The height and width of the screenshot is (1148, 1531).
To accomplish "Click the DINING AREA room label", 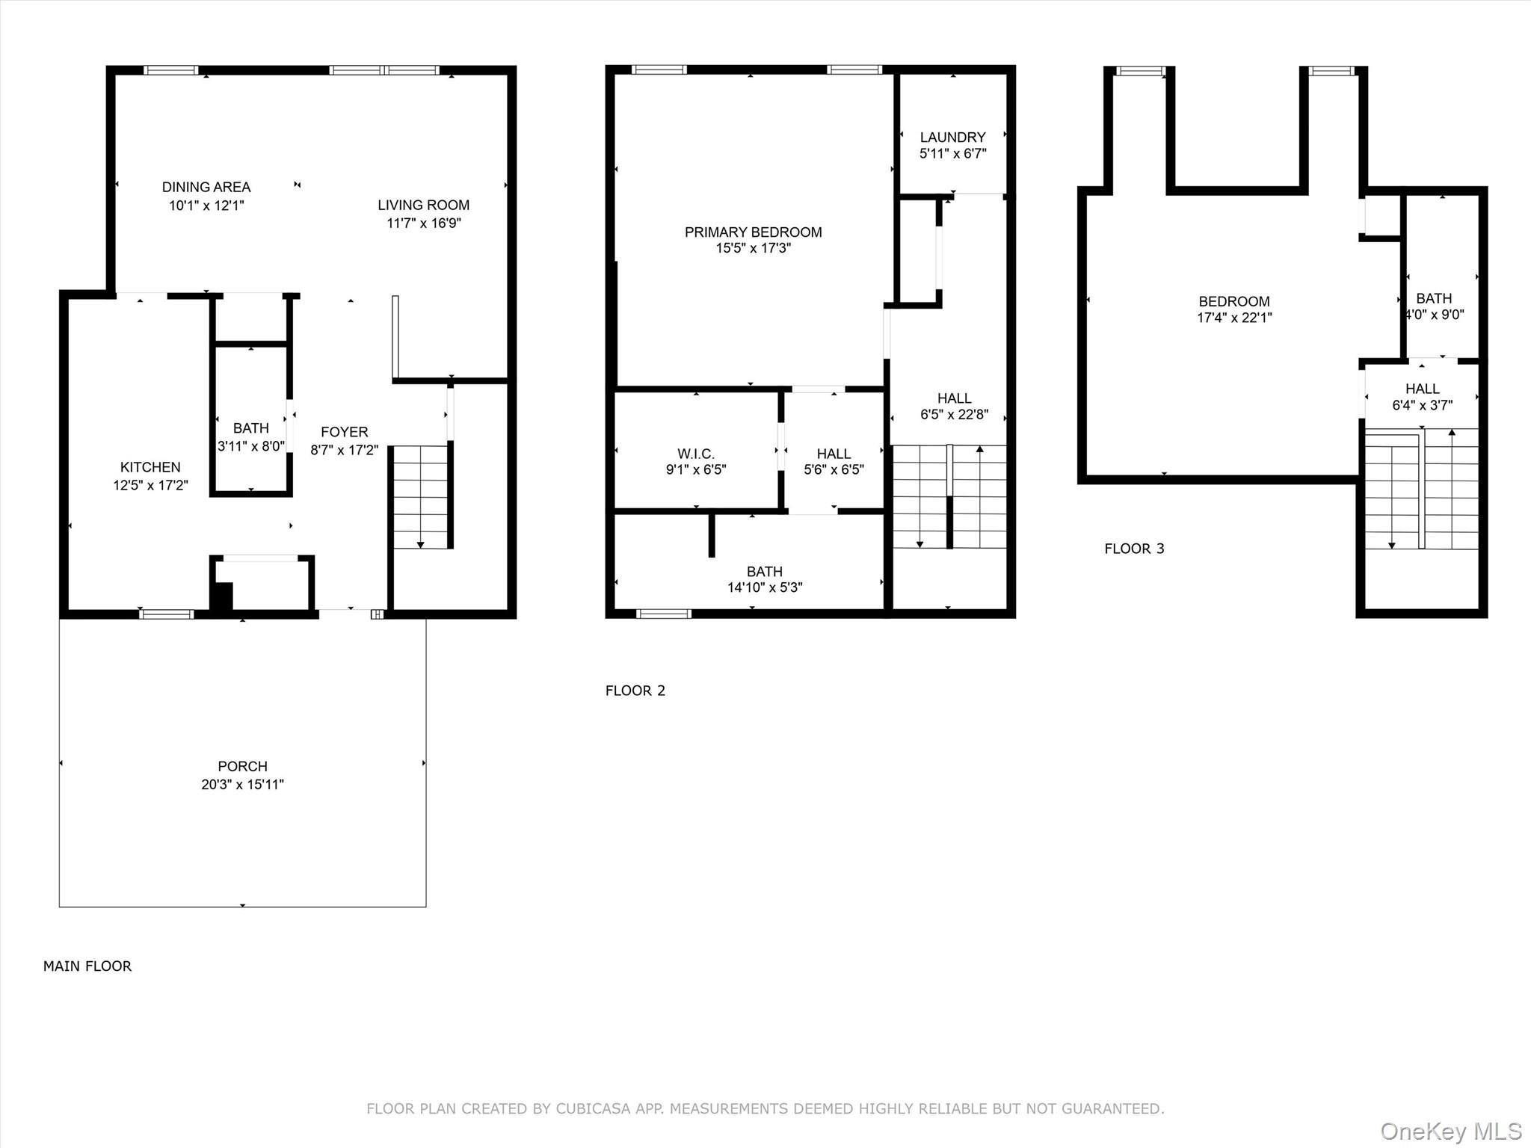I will click(x=206, y=187).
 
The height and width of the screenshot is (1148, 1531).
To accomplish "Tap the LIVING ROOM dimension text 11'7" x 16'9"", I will click(x=423, y=223).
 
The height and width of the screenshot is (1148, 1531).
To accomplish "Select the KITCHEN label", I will click(x=150, y=467).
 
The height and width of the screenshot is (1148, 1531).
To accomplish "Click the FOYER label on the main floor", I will click(x=345, y=432).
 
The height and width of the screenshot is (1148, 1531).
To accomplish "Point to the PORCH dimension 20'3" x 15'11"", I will click(x=242, y=785).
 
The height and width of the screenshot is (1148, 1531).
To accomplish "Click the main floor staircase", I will click(x=421, y=496).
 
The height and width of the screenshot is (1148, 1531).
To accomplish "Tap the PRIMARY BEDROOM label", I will click(x=753, y=232).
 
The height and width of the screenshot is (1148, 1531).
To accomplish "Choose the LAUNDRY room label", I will click(x=952, y=138).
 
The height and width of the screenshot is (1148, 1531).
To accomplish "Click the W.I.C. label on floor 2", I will click(x=696, y=454).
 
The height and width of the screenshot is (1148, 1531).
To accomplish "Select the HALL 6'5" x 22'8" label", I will click(x=954, y=398).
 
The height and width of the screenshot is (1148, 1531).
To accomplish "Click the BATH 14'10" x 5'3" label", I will click(x=764, y=572).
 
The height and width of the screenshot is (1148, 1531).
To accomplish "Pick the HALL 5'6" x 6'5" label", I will click(x=834, y=454).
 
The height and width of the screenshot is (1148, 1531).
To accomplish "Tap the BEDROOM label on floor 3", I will click(x=1233, y=301).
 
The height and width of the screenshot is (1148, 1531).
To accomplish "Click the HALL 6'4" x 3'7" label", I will click(x=1422, y=389).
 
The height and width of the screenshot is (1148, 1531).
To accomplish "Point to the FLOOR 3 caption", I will click(x=1134, y=549).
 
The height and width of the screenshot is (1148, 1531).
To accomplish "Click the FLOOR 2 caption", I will click(x=635, y=691).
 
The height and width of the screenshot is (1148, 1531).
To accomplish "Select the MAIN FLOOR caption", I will click(x=87, y=966).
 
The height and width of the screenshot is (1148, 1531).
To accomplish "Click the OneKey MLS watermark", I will click(x=1450, y=1131).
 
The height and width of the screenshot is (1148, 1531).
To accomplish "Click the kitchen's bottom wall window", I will click(x=166, y=614).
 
